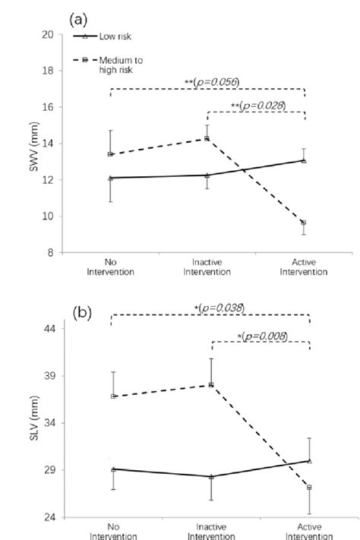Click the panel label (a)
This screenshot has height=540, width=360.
coord(83,16)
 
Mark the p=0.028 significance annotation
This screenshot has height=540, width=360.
coord(262,106)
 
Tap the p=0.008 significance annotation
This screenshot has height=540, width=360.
coord(263,335)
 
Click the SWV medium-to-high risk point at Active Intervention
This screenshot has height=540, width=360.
coord(304,223)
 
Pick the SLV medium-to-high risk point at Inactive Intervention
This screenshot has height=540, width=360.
coord(211,385)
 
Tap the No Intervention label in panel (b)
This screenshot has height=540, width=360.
coord(113,531)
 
